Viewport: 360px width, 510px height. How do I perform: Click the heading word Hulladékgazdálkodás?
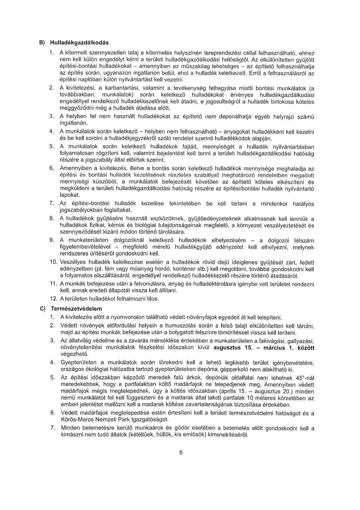coord(79,43)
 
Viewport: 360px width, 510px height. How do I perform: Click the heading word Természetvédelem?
coord(76,308)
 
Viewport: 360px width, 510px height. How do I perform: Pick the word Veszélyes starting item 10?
coord(71,263)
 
